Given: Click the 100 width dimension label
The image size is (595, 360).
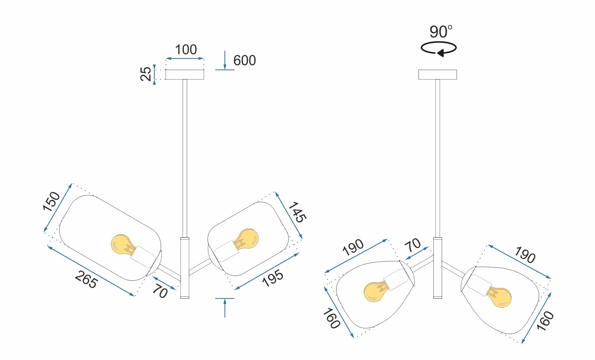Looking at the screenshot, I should click(186, 50).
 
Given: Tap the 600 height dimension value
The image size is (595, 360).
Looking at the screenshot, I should click(244, 61).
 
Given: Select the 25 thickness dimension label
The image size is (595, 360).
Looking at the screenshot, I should click(146, 74).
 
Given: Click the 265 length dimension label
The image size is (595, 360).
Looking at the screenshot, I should click(86, 279).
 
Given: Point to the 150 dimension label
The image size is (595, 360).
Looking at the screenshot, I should click(51, 201).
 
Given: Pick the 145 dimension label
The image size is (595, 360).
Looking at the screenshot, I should click(297, 212).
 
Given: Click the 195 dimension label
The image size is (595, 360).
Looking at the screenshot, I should click(273, 278).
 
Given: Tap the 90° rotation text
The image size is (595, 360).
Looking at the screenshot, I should click(440, 32).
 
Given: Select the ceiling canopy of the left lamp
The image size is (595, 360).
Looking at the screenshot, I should click(185, 75).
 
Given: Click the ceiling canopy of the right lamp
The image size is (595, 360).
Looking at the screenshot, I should click(438, 75).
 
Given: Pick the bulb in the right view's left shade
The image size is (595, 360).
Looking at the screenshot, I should click(376, 292).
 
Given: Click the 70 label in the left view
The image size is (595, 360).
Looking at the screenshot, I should click(160, 291).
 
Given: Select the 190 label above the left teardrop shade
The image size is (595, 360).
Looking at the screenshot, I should click(353, 247).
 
